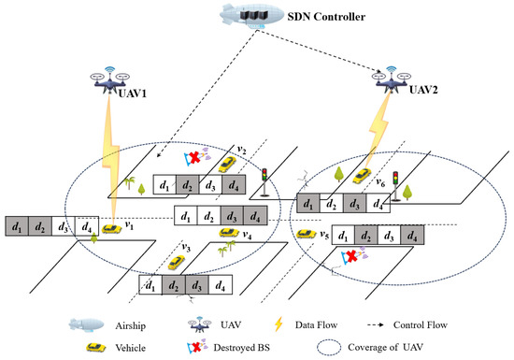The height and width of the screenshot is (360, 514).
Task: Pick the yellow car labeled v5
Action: click(304, 235)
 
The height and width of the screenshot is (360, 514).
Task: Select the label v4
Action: click(247, 236)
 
